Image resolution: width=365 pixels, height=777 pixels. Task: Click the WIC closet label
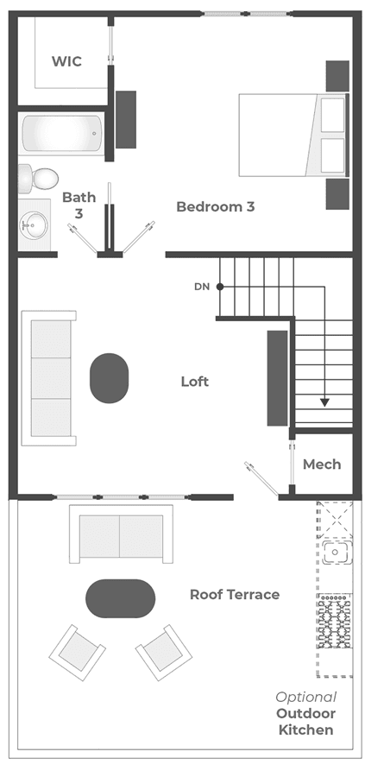(66, 61)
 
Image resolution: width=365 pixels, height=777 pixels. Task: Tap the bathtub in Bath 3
(61, 133)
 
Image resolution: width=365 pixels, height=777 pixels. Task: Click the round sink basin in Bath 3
(34, 225)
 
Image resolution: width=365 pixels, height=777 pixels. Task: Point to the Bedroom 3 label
(216, 206)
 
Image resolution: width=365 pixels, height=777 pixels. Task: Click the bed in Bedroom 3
(294, 135)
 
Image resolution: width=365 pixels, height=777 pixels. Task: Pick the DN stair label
(201, 287)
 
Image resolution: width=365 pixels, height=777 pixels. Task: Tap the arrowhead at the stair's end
(324, 401)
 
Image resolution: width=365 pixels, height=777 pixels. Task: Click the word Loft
(195, 382)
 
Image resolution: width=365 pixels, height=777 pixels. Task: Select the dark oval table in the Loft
(109, 378)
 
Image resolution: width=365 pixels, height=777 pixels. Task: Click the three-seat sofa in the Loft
(48, 378)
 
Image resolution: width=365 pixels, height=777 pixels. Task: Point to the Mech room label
(322, 464)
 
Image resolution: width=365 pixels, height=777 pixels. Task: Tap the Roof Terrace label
(235, 594)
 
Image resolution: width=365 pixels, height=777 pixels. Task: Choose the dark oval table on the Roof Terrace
(121, 598)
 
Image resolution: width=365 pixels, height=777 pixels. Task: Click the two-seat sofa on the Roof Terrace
(121, 534)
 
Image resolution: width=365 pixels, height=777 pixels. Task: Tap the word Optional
(306, 698)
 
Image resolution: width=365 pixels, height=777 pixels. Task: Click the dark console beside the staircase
(277, 378)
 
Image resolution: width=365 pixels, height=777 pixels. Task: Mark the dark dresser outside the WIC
(126, 119)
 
